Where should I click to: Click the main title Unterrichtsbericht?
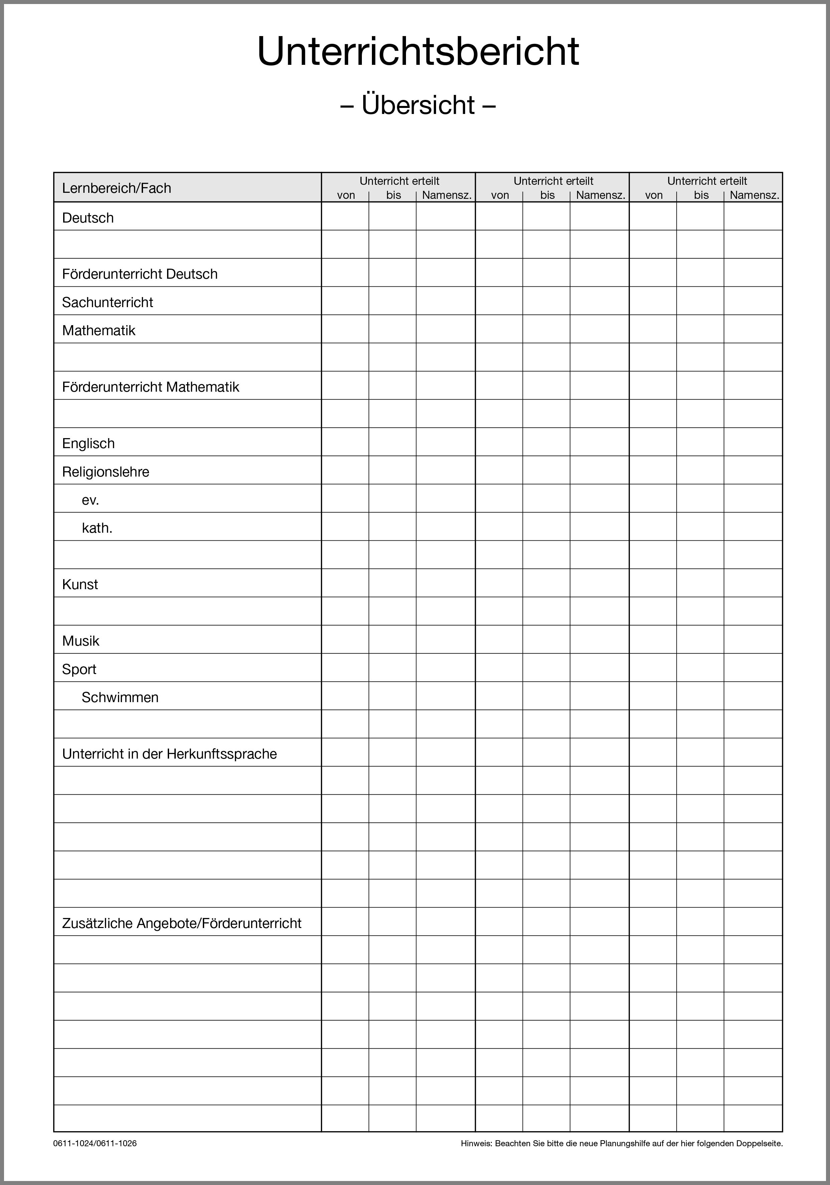(418, 52)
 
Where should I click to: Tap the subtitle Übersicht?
(418, 105)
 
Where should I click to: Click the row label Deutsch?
(88, 218)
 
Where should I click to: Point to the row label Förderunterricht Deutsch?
(140, 274)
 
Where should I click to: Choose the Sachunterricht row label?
(107, 302)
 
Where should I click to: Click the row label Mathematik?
(99, 330)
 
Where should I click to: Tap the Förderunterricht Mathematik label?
(151, 387)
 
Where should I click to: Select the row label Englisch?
(88, 443)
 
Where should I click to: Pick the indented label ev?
(90, 500)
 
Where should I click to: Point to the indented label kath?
(97, 528)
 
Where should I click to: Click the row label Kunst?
(80, 584)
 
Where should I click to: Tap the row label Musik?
(81, 641)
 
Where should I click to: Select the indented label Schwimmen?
(120, 697)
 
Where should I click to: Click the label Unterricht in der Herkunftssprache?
(169, 754)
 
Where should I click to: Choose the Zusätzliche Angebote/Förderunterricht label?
(182, 923)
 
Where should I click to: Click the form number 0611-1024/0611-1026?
(95, 1143)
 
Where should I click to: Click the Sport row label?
(79, 669)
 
